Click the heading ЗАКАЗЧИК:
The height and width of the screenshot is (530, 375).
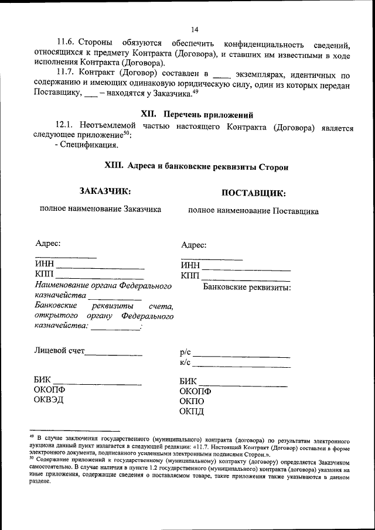tap(105, 190)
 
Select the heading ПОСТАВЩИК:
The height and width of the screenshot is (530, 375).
tap(254, 193)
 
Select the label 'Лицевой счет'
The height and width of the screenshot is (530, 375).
tap(59, 351)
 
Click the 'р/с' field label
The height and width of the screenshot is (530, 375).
tap(186, 353)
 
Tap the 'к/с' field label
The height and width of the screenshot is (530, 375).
tap(186, 363)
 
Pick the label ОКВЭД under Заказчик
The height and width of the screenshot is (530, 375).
tap(50, 400)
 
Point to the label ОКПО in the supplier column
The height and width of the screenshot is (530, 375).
tap(192, 402)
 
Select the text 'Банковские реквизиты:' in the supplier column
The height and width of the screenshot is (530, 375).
tap(247, 288)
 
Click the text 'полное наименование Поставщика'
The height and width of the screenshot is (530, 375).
tap(253, 211)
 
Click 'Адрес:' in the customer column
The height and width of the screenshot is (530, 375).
tap(47, 243)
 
